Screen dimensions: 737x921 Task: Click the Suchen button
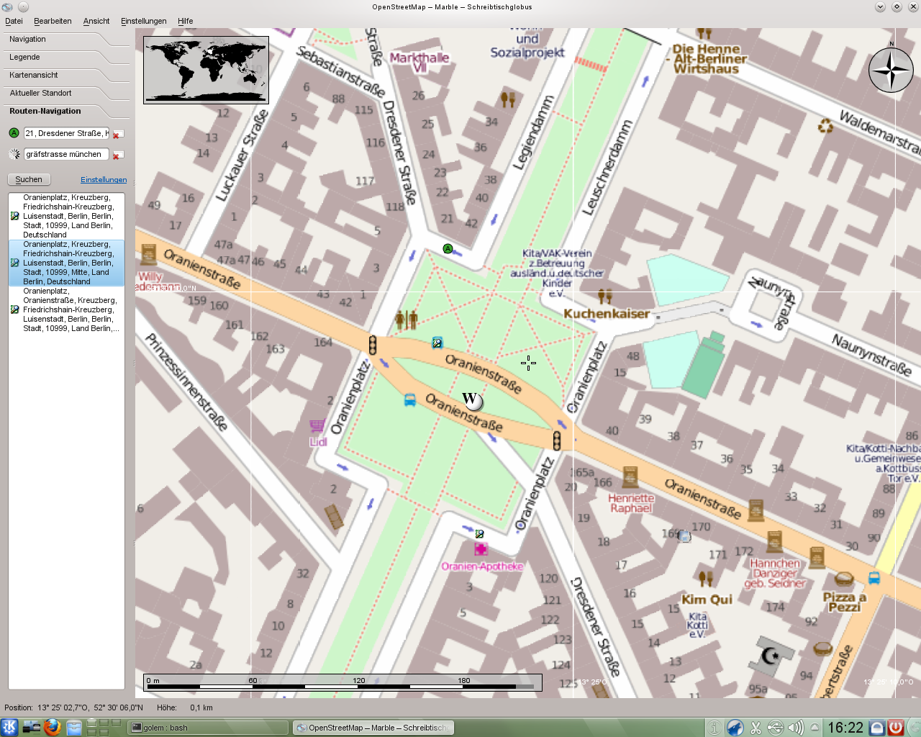[x=29, y=179]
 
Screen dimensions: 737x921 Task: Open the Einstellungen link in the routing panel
[x=104, y=180]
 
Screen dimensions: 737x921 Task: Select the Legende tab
[x=25, y=58]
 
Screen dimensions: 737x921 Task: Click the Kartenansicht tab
[x=34, y=76]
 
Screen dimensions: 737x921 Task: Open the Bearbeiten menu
[x=53, y=21]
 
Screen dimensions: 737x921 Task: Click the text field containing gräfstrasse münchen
[x=65, y=154]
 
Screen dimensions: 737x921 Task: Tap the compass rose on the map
[x=891, y=71]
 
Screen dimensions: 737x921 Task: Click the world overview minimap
[x=206, y=70]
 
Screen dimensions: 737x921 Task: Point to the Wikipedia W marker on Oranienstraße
[x=472, y=400]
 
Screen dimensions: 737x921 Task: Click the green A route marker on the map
[x=448, y=249]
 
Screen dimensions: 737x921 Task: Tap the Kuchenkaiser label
[x=607, y=314]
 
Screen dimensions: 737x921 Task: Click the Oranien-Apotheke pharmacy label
[x=482, y=566]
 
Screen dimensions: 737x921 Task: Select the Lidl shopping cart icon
[x=317, y=426]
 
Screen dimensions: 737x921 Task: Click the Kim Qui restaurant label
[x=707, y=600]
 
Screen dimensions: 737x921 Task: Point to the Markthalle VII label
[x=419, y=62]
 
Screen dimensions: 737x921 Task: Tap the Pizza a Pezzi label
[x=845, y=602]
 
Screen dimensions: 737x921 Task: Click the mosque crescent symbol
[x=771, y=655]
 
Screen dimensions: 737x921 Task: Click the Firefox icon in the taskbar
[x=52, y=727]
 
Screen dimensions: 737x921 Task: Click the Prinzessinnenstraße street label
[x=186, y=381]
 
